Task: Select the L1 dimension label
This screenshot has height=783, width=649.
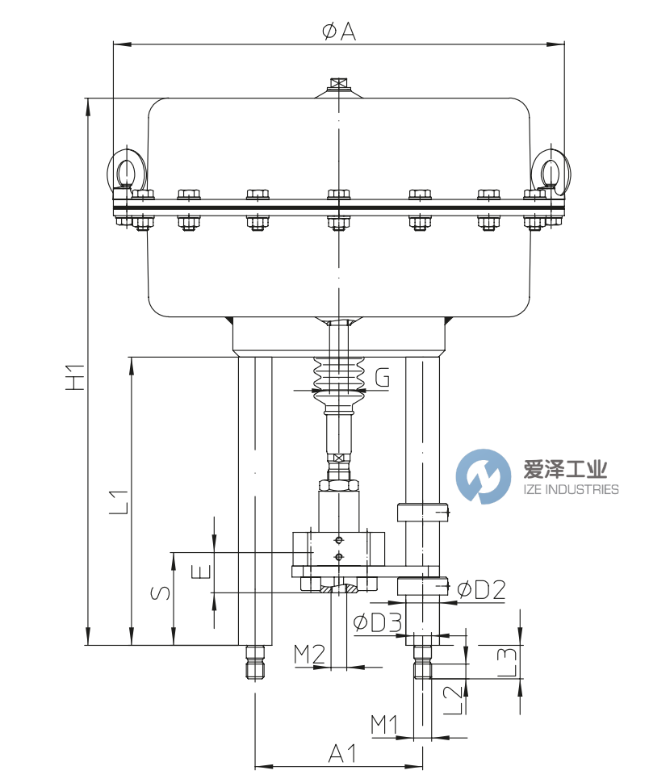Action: click(x=118, y=501)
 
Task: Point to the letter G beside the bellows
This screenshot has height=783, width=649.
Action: click(x=383, y=376)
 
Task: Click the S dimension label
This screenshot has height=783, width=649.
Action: click(x=161, y=593)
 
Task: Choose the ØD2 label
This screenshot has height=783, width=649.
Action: click(x=481, y=590)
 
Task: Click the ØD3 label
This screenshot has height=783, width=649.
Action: click(x=378, y=622)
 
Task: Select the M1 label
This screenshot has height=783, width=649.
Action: click(x=385, y=724)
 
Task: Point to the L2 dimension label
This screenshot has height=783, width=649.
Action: click(x=455, y=699)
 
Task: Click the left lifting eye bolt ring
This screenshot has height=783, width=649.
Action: click(x=124, y=170)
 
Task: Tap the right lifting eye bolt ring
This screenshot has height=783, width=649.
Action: click(x=551, y=170)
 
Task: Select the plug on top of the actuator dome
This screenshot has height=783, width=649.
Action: click(x=337, y=84)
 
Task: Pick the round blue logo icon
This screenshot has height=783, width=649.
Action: click(x=484, y=476)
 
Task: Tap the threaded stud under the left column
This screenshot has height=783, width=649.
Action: click(x=254, y=662)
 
